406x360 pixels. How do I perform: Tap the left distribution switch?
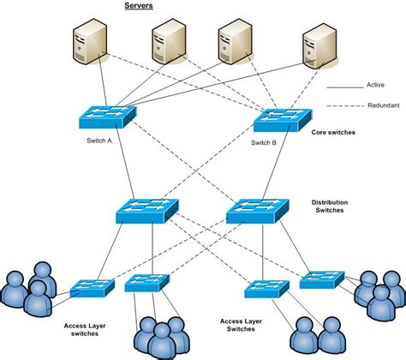tap(147, 211)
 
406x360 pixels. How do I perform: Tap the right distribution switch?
tap(256, 211)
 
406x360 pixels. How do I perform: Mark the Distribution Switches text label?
tap(331, 208)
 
